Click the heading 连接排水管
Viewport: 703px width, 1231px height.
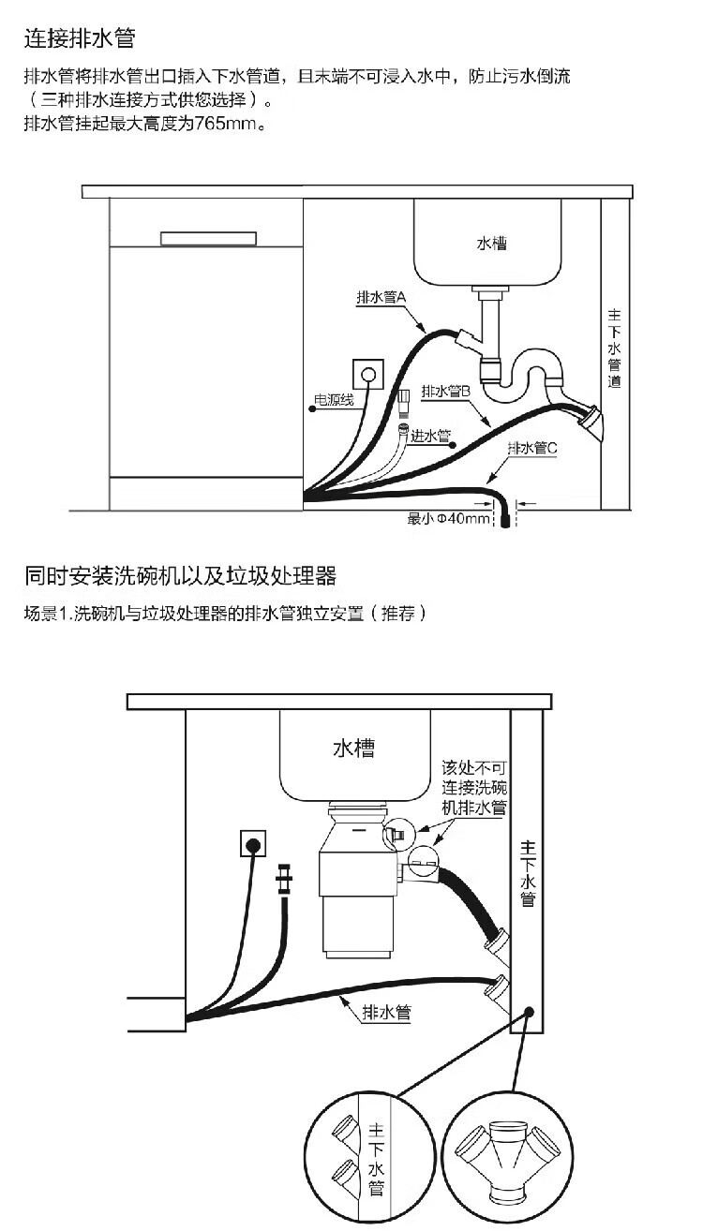click(x=80, y=38)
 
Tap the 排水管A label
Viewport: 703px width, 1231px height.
click(x=380, y=296)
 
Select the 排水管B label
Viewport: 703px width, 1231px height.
click(x=444, y=391)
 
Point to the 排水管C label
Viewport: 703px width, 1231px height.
click(x=531, y=448)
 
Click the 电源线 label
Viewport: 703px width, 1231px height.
click(x=334, y=401)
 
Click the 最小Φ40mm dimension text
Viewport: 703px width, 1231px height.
click(x=449, y=518)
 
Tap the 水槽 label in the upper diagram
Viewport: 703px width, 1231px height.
click(x=491, y=243)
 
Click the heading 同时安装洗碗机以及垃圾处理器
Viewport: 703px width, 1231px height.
click(x=181, y=575)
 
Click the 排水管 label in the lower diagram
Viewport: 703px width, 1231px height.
click(x=386, y=1011)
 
